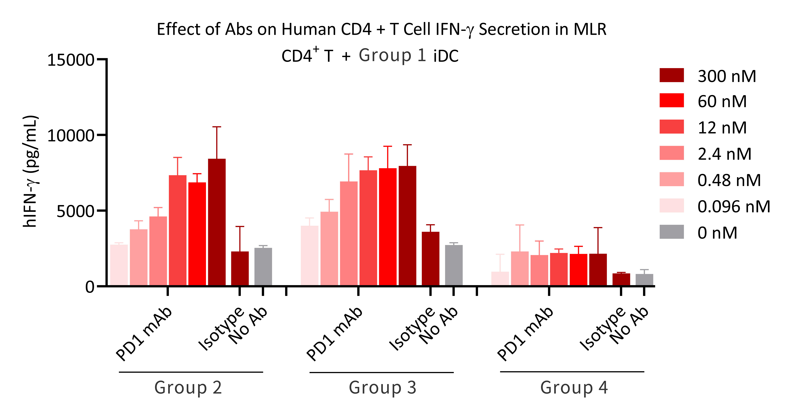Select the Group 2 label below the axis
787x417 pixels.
(188, 388)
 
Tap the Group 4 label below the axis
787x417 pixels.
(574, 388)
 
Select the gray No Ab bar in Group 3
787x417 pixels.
(454, 265)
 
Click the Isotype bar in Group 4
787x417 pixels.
(621, 279)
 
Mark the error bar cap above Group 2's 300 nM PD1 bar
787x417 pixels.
(217, 127)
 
